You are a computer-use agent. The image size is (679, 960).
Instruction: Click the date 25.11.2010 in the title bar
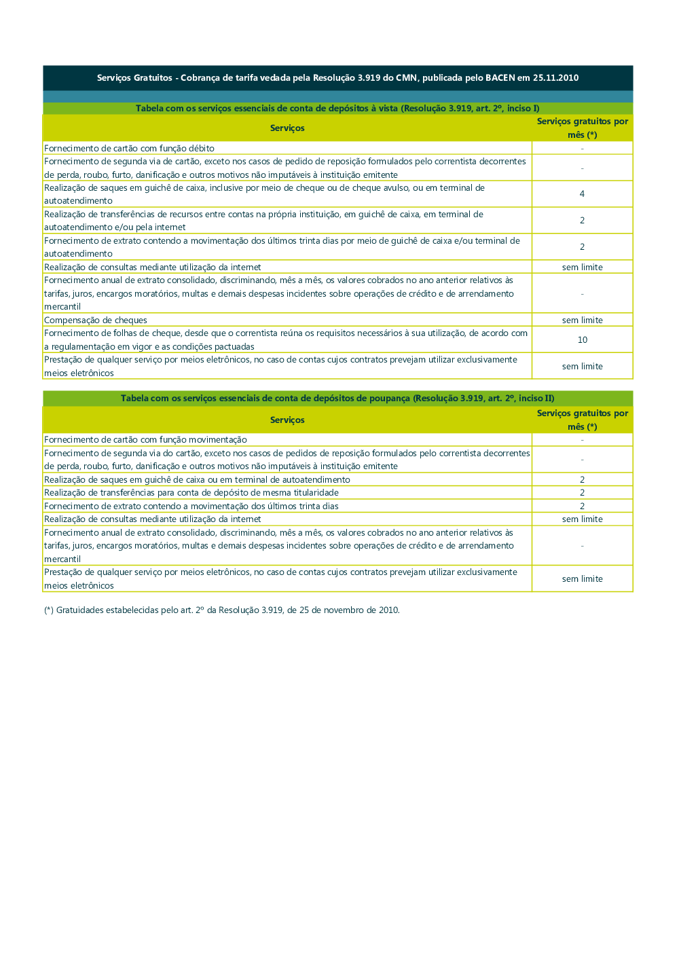click(x=555, y=78)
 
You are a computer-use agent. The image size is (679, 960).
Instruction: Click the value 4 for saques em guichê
click(x=582, y=194)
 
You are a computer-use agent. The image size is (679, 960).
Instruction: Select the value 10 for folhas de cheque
click(x=582, y=340)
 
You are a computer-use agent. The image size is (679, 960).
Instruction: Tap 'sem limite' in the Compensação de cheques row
click(x=582, y=320)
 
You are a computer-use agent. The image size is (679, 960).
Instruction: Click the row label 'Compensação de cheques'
click(x=96, y=320)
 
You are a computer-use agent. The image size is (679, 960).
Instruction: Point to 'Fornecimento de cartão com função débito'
click(x=129, y=149)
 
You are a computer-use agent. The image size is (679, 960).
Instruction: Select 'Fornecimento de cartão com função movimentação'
click(x=145, y=440)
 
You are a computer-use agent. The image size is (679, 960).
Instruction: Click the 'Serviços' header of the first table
click(x=287, y=128)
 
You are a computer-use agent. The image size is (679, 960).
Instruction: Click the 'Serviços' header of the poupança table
click(x=287, y=420)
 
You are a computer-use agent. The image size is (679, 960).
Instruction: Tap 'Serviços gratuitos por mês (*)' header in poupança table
click(x=582, y=420)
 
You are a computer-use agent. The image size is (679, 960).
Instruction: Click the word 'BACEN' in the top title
click(x=500, y=78)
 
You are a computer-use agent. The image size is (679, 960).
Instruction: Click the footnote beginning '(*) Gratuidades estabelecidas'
click(x=221, y=610)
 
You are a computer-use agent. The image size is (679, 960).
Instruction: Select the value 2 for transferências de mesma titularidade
click(x=582, y=493)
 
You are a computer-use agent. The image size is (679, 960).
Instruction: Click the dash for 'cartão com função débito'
click(x=582, y=149)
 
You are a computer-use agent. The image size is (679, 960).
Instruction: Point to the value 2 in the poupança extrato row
click(x=582, y=506)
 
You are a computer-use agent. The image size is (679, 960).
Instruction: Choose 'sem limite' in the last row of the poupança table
click(x=582, y=579)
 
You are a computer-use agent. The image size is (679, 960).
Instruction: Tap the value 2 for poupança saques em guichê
click(x=582, y=480)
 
